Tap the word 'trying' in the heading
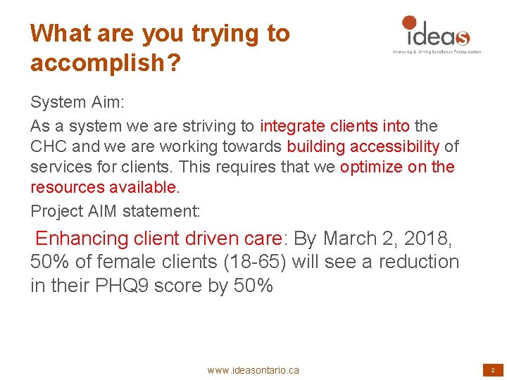tap(211, 34)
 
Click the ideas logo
tap(435, 32)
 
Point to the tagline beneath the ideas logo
tap(437, 51)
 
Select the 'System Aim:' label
tap(77, 102)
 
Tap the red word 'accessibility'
tap(397, 146)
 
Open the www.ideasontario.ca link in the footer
tap(253, 370)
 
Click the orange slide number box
tap(492, 369)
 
